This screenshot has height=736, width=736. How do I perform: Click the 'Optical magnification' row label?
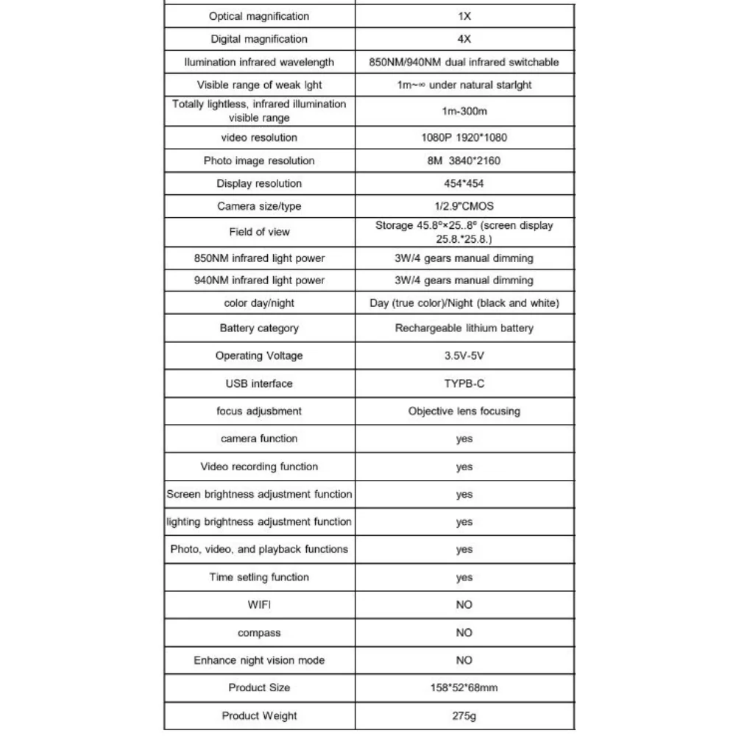pyautogui.click(x=259, y=16)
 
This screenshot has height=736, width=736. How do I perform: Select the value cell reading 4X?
pyautogui.click(x=464, y=39)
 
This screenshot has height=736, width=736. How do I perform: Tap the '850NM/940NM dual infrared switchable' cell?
pyautogui.click(x=464, y=62)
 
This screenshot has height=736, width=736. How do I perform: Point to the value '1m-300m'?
pyautogui.click(x=464, y=111)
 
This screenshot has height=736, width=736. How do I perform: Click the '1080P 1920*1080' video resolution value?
pyautogui.click(x=464, y=138)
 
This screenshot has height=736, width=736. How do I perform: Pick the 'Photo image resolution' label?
pyautogui.click(x=259, y=160)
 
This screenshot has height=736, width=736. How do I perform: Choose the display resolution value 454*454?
pyautogui.click(x=464, y=183)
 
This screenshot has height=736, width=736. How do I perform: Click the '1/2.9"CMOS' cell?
pyautogui.click(x=464, y=206)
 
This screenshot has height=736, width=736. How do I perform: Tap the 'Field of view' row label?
pyautogui.click(x=259, y=232)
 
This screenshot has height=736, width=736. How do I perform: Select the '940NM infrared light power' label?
pyautogui.click(x=259, y=280)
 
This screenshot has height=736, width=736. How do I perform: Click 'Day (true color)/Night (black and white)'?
pyautogui.click(x=464, y=303)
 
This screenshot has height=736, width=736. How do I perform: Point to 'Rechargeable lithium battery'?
pyautogui.click(x=464, y=328)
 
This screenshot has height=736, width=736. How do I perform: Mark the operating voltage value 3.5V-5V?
pyautogui.click(x=464, y=355)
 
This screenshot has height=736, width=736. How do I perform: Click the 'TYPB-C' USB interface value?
pyautogui.click(x=464, y=383)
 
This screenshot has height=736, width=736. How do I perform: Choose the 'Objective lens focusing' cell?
pyautogui.click(x=464, y=411)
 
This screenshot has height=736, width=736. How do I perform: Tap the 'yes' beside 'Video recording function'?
pyautogui.click(x=464, y=467)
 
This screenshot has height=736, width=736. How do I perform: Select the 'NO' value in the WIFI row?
pyautogui.click(x=464, y=605)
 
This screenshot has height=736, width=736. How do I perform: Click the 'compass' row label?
pyautogui.click(x=259, y=633)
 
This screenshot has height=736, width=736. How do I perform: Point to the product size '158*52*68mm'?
pyautogui.click(x=464, y=687)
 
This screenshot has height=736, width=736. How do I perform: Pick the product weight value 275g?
pyautogui.click(x=464, y=715)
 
